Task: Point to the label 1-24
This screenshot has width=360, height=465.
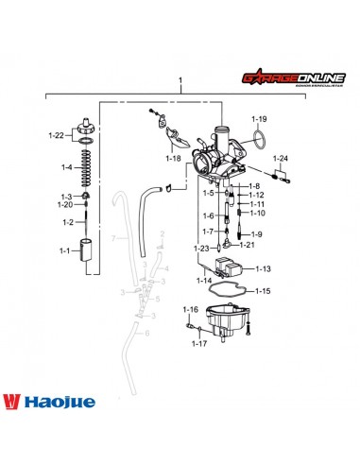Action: pyautogui.click(x=281, y=158)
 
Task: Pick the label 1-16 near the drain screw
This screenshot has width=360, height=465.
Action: pyautogui.click(x=190, y=310)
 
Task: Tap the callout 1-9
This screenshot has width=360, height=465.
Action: pyautogui.click(x=256, y=233)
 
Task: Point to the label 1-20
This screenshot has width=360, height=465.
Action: pyautogui.click(x=65, y=204)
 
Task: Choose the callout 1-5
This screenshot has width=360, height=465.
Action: pyautogui.click(x=208, y=193)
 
